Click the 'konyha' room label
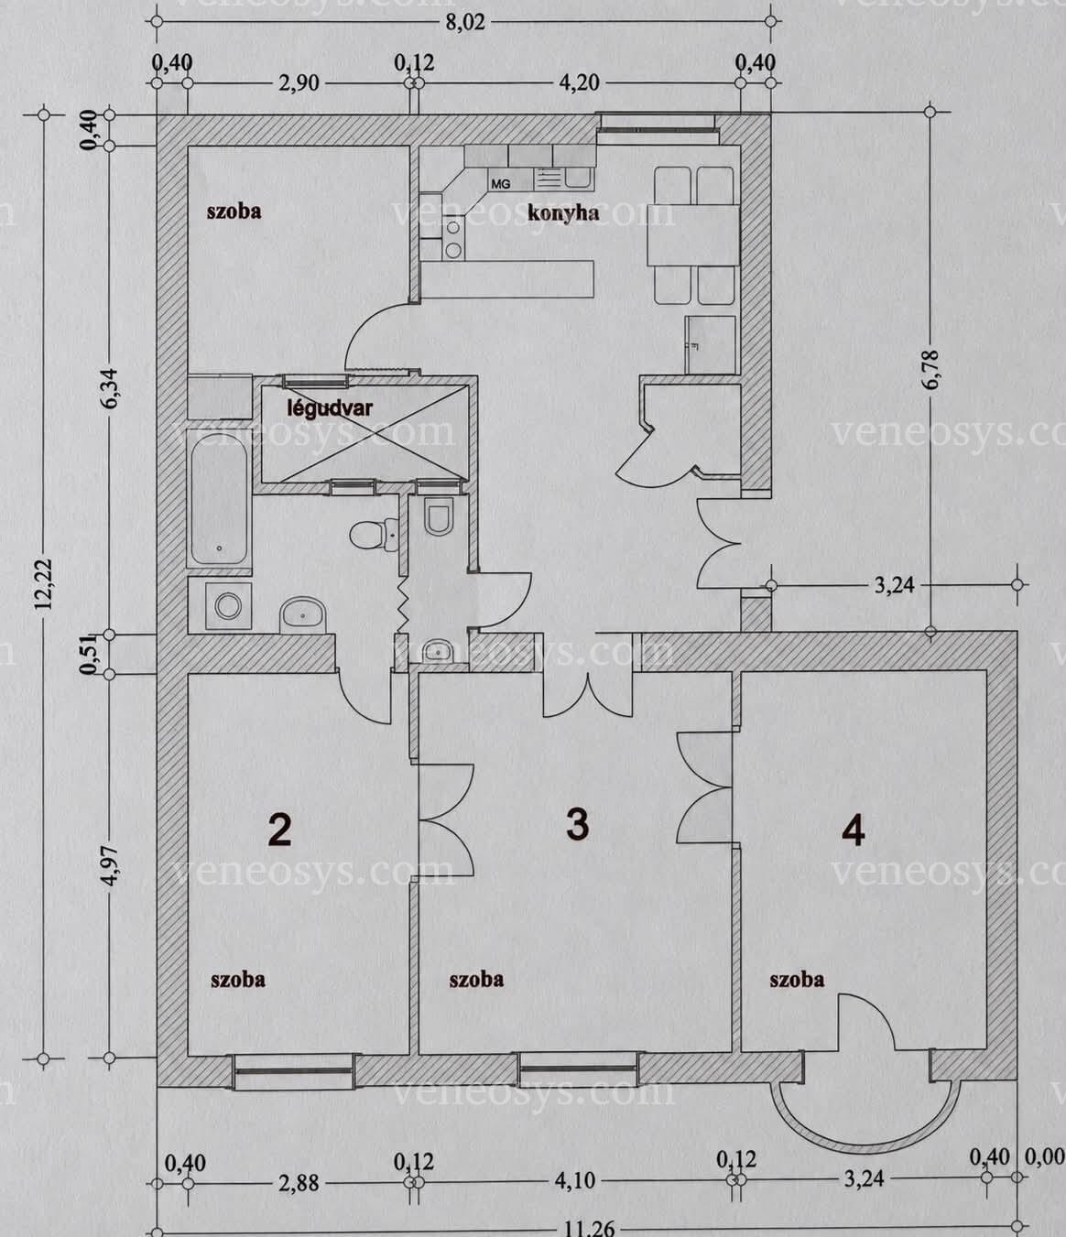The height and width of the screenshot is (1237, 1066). (562, 212)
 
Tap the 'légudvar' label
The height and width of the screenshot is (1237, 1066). (331, 408)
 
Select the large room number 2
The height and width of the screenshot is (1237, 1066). (279, 830)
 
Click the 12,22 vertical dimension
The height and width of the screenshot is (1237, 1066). (44, 583)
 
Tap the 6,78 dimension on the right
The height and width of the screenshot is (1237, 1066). (930, 370)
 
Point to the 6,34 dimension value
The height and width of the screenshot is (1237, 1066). (110, 387)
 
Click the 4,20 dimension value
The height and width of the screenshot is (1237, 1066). (579, 82)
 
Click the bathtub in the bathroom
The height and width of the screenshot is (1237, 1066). (218, 498)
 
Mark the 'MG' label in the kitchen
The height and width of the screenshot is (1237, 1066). (500, 184)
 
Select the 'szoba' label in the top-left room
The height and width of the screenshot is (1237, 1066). (234, 212)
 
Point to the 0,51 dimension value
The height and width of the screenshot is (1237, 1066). (91, 654)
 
